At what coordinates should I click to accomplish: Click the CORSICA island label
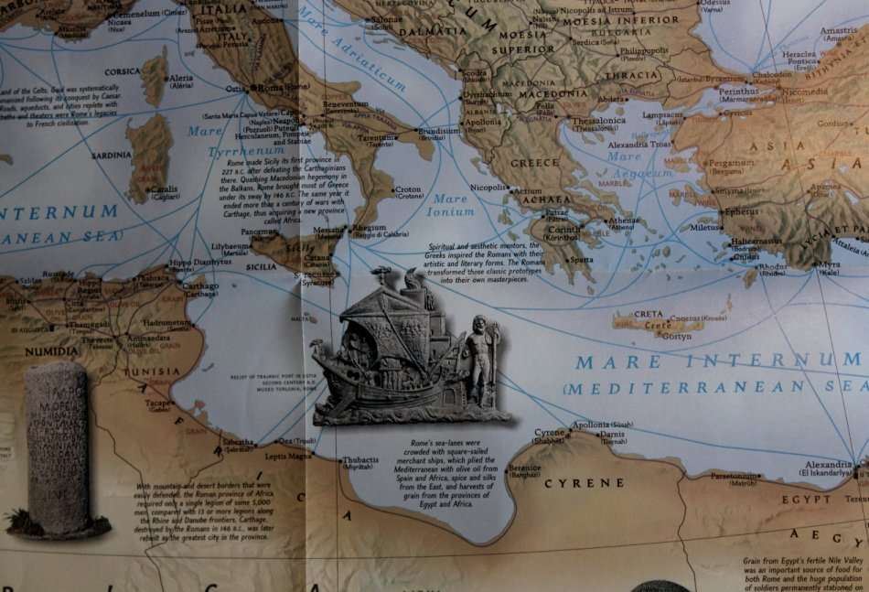point(122,71)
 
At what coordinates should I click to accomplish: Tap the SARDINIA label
point(112,156)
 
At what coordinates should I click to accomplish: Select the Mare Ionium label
point(450,205)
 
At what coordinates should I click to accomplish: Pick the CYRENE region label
point(585,482)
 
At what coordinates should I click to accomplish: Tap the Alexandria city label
point(828,465)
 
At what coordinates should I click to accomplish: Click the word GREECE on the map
point(534,163)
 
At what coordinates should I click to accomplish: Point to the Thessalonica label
point(598,121)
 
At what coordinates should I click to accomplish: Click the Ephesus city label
point(741,212)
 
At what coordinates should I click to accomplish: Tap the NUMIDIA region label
point(51,350)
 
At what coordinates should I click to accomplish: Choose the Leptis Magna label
point(288,455)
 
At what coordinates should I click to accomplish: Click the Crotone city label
point(409,190)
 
